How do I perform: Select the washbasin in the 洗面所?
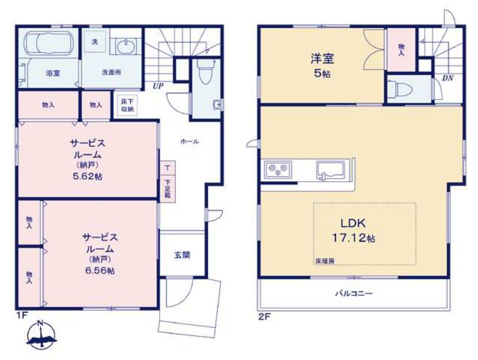[x=126, y=47]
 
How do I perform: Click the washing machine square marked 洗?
[x=95, y=41]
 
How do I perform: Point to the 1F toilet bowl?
[x=204, y=72]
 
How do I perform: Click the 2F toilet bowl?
[x=399, y=88]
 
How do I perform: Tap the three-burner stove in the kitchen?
[x=278, y=169]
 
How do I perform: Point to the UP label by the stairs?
[x=158, y=86]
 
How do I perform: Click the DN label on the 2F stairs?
[x=448, y=78]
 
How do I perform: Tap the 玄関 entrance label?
[x=182, y=255]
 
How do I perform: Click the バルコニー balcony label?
[x=354, y=293]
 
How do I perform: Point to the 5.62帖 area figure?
[x=87, y=176]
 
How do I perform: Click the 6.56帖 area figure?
[x=100, y=270]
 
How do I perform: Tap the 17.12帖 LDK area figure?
[x=353, y=238]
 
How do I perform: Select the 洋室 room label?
[x=322, y=59]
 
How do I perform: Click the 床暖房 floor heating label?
[x=324, y=261]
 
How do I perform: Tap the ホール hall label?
[x=190, y=141]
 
